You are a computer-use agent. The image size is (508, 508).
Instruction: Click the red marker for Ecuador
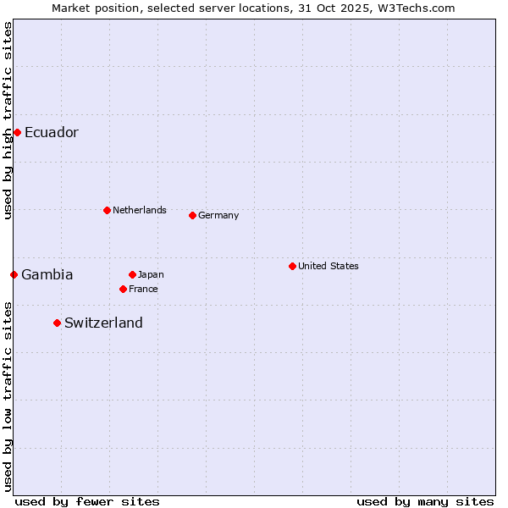17,132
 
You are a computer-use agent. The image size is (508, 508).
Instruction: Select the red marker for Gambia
14,274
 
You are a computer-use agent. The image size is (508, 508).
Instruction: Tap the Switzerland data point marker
57,323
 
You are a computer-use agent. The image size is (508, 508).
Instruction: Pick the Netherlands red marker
107,210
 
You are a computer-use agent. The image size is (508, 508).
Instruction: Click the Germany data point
192,215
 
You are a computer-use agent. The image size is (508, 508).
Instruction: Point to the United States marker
292,266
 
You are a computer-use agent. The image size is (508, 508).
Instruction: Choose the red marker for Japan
132,274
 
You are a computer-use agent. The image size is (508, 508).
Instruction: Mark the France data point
123,289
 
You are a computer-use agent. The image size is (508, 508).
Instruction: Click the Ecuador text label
52,132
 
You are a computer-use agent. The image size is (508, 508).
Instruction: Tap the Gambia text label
47,274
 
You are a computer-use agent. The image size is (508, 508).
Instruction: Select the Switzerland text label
103,323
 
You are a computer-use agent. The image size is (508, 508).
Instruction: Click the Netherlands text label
140,210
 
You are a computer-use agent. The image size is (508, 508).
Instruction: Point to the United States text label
329,266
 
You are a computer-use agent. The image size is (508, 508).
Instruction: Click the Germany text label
218,215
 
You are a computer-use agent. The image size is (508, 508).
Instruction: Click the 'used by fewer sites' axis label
87,501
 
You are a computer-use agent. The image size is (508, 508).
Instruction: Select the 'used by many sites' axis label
425,501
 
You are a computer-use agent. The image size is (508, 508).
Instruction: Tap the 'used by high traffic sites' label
8,121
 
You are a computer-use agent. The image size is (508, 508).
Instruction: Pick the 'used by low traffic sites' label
8,395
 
